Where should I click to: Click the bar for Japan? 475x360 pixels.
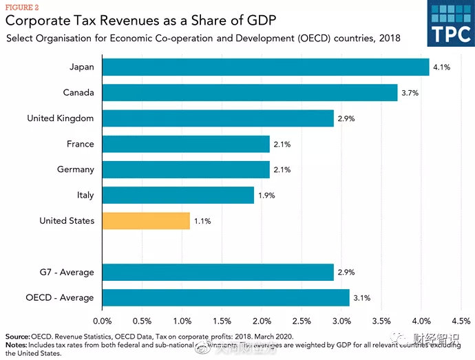[x=266, y=67]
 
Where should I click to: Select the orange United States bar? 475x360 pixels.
[x=146, y=221]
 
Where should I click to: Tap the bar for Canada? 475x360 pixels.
[x=250, y=92]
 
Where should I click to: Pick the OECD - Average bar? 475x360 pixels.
[x=226, y=297]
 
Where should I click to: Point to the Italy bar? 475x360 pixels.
[x=178, y=195]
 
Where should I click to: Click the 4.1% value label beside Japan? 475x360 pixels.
[x=441, y=67]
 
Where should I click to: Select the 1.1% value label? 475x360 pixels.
[x=202, y=222]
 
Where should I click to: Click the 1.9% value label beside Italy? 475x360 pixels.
[x=266, y=196]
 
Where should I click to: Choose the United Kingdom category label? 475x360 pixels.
[x=61, y=118]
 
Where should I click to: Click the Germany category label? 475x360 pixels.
[x=76, y=170]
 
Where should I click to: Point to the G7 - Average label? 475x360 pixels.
[x=67, y=272]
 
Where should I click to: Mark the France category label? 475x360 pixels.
[x=81, y=144]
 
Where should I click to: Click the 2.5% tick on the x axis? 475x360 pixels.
[x=302, y=321]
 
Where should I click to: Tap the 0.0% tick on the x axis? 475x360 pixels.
[x=102, y=321]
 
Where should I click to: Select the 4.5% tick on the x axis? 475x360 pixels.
[x=461, y=321]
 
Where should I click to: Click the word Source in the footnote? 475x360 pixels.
[x=17, y=337]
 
